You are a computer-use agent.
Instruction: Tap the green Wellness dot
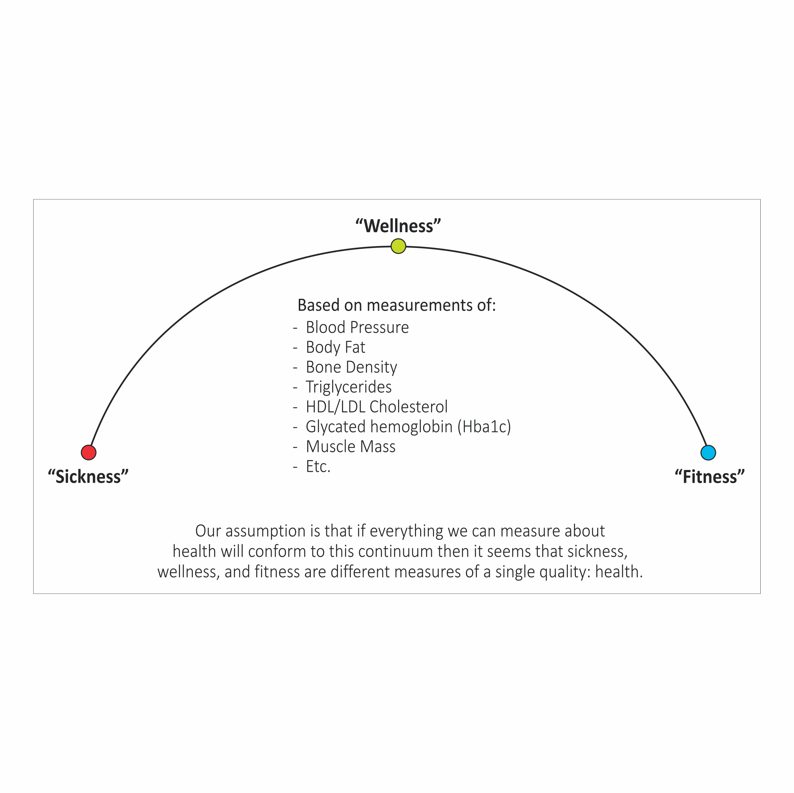point(398,246)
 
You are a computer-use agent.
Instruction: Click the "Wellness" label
point(398,226)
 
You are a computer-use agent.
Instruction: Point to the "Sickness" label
point(88,477)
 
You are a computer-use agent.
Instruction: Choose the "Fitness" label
point(709,477)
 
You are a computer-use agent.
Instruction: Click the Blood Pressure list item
point(357,327)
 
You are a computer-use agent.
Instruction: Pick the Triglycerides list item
point(349,387)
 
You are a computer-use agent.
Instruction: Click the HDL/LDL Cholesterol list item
point(376,407)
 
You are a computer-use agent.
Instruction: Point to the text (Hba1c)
point(484,427)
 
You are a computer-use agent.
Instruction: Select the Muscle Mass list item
point(350,446)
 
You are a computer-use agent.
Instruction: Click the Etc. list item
point(318,466)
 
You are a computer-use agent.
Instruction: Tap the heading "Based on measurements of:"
point(396,305)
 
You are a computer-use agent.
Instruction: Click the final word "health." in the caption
point(618,571)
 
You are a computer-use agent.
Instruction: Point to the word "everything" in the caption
point(406,531)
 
